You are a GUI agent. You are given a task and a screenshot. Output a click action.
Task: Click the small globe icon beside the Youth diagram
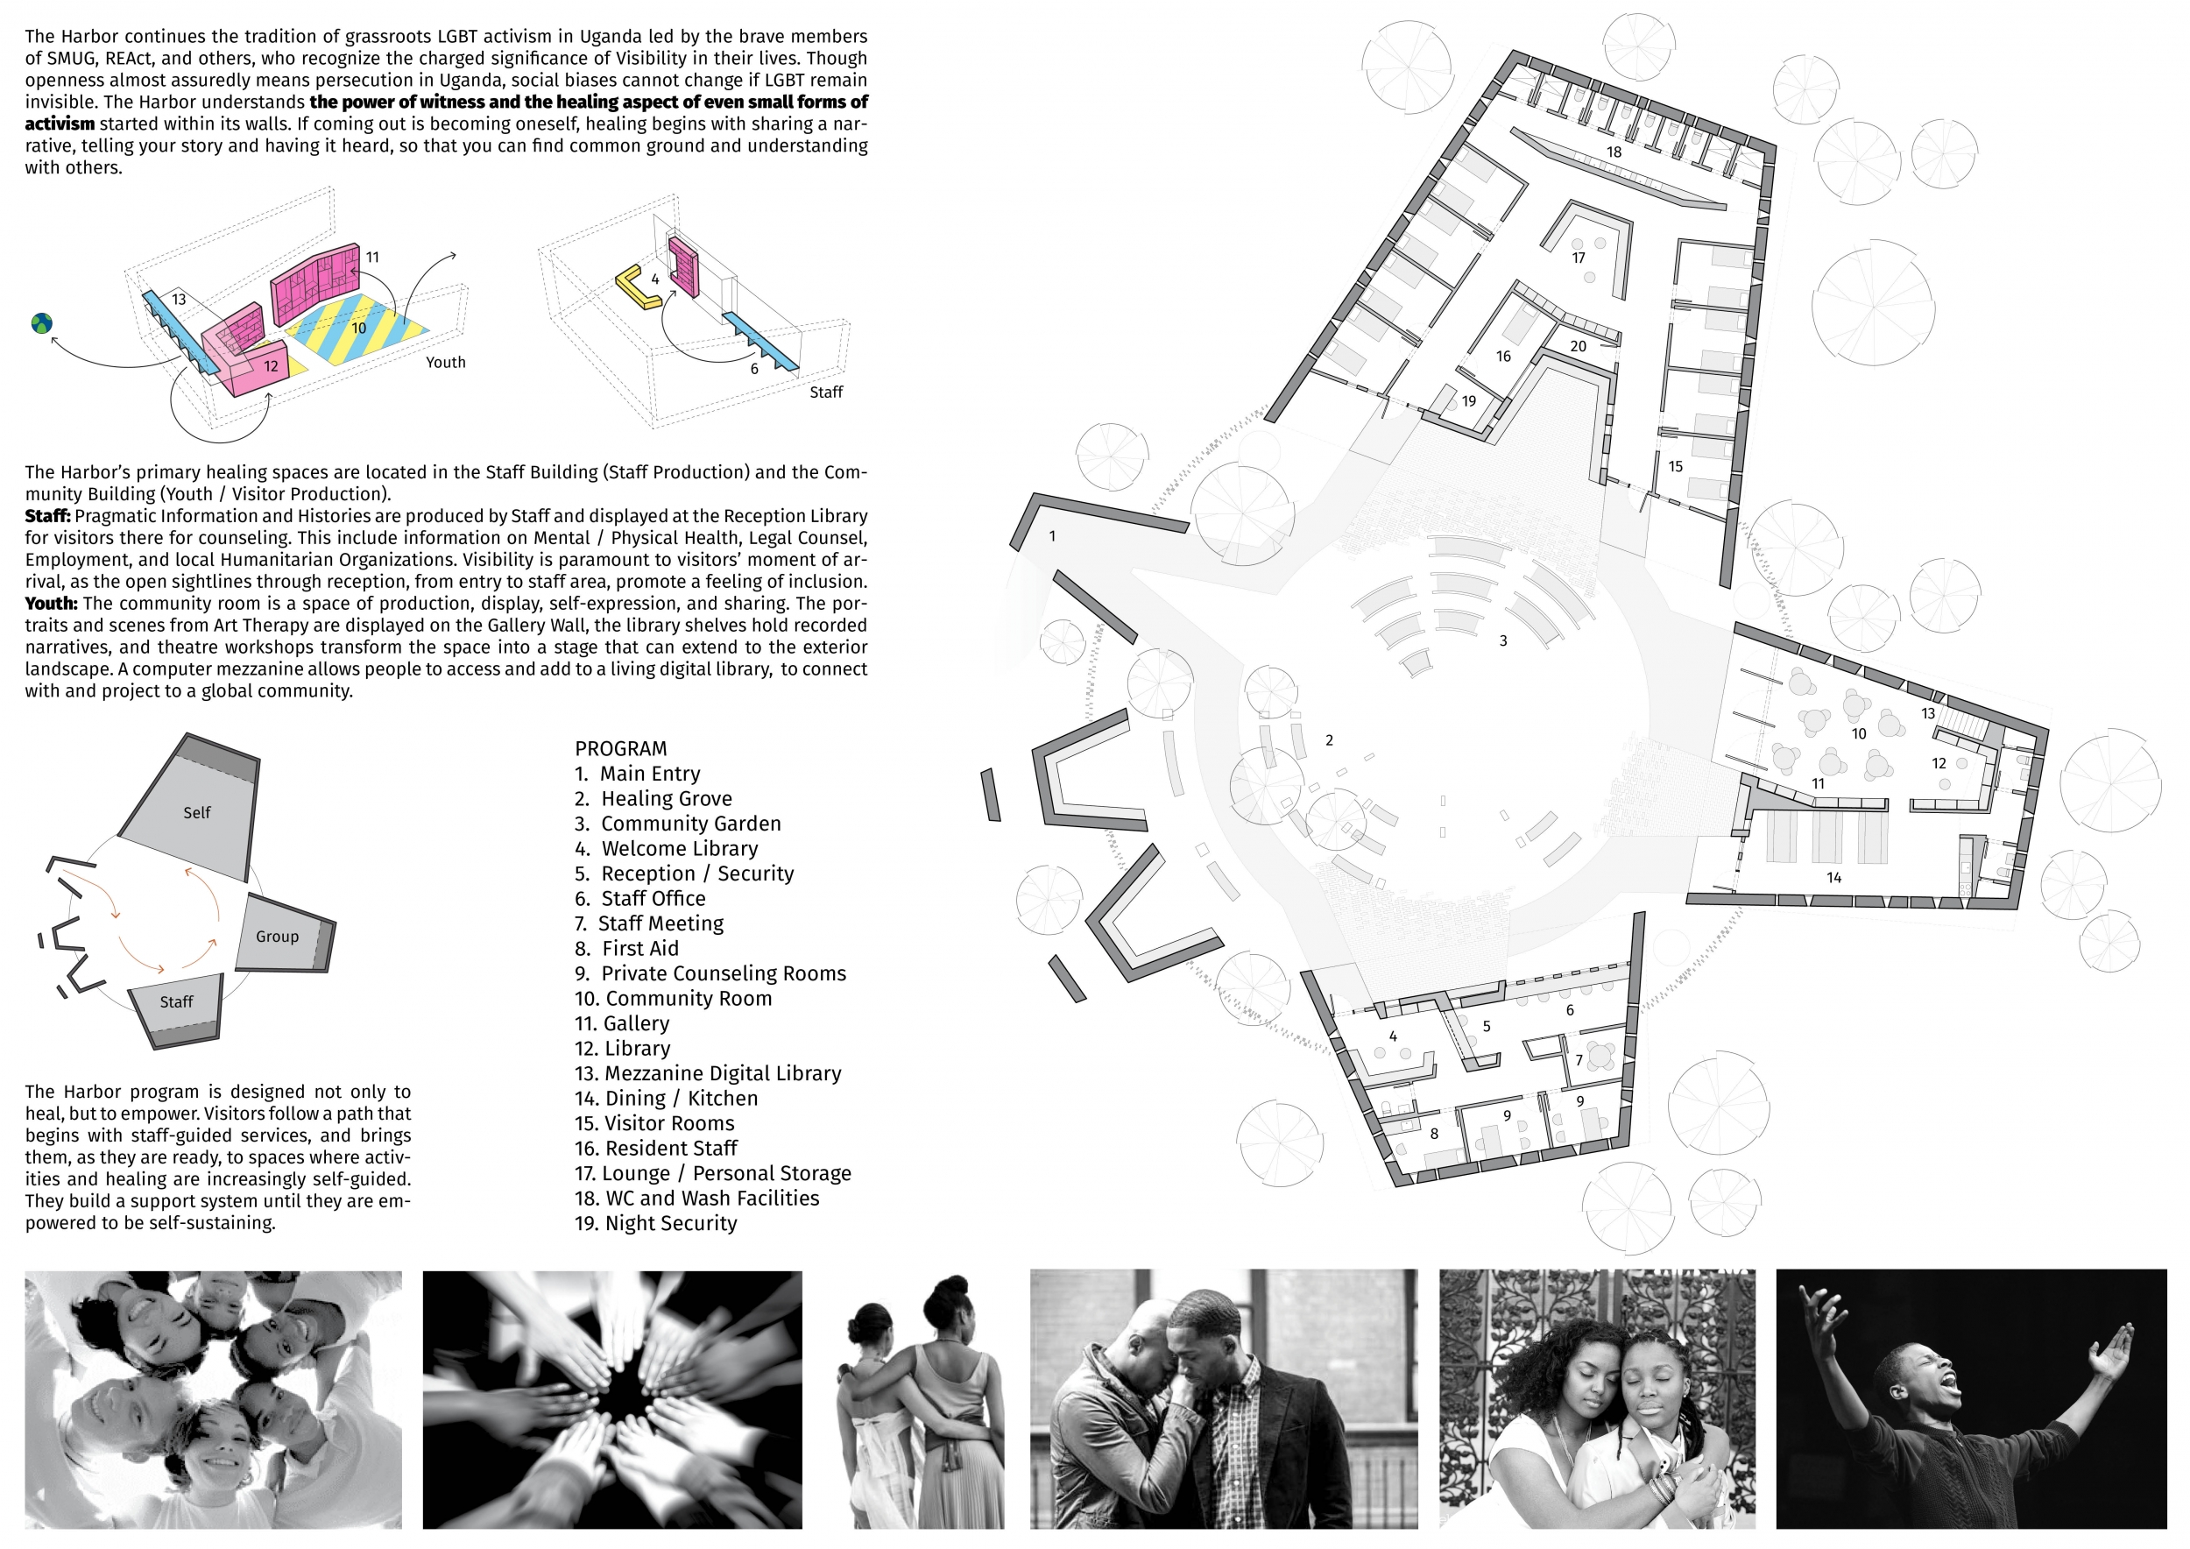[41, 323]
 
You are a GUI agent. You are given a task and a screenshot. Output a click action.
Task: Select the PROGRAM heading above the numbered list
[621, 749]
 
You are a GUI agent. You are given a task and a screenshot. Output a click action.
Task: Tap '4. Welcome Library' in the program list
[666, 849]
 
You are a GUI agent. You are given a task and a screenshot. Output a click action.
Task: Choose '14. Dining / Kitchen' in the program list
[666, 1099]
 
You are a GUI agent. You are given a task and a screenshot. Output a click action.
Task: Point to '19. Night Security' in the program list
[655, 1224]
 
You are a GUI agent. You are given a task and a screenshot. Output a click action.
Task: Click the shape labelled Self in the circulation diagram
[191, 807]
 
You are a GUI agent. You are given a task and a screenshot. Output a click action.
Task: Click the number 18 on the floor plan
[1613, 152]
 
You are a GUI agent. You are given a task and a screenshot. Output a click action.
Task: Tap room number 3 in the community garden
[1503, 641]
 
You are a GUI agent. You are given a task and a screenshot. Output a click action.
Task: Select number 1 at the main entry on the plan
[1052, 536]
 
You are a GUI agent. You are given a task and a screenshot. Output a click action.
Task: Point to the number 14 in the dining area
[1833, 878]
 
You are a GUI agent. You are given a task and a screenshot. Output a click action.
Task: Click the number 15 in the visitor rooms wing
[1675, 466]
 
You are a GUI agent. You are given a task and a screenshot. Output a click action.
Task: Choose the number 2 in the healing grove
[1329, 740]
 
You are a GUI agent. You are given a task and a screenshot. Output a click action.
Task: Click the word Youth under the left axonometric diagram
[445, 363]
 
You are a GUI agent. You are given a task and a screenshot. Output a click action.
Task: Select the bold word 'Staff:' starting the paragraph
[47, 516]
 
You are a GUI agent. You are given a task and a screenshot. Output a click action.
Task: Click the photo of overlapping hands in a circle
[612, 1399]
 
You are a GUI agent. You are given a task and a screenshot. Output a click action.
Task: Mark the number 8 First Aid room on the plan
[1434, 1134]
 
